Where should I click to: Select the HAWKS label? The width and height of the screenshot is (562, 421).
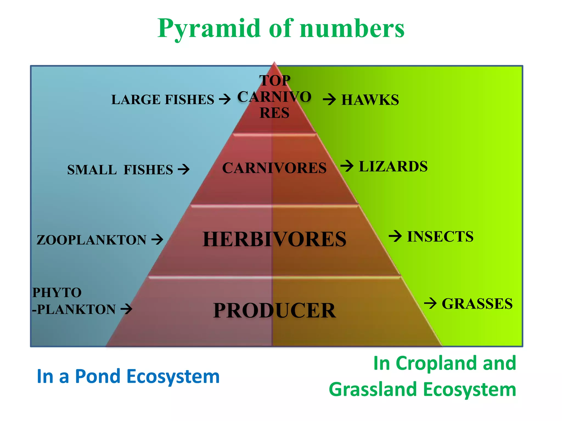pos(370,100)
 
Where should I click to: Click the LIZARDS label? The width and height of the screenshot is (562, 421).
pos(393,166)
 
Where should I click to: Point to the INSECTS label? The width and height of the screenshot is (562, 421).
pos(440,237)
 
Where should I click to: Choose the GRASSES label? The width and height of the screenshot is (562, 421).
pos(477,304)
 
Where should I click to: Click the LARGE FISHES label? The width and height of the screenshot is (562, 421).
pos(162,99)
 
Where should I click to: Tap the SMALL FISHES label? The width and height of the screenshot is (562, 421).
pos(120,170)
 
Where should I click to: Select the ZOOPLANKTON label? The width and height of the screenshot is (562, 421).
pos(91,240)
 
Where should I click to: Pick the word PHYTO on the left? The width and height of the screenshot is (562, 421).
pos(57,292)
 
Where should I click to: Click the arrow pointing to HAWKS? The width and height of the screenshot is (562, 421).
pos(329,99)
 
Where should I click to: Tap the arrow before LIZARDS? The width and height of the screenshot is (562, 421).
pos(347,166)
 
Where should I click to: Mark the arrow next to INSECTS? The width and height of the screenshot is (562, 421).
pos(395,236)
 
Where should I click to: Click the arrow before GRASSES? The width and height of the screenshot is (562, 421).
pos(430,303)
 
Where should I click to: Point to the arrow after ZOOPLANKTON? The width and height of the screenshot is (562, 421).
pos(158,239)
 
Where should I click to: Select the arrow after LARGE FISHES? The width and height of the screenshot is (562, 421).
pos(225,99)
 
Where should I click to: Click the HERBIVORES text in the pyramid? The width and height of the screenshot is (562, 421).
pos(274,239)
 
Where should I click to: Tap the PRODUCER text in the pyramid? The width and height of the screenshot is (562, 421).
pos(274,311)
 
